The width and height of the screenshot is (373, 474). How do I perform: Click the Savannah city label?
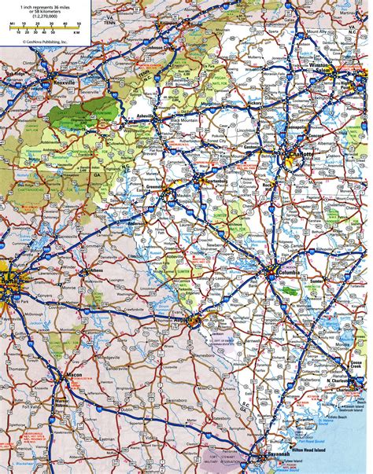[x=277, y=458]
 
